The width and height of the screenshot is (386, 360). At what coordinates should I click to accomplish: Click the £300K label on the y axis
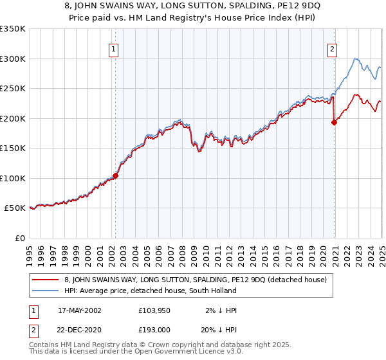click(x=13, y=59)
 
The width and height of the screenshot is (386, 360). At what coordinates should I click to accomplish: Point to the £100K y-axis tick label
click(x=13, y=178)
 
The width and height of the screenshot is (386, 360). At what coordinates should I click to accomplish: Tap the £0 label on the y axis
click(x=19, y=238)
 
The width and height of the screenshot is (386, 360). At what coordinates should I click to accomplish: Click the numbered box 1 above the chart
click(x=114, y=48)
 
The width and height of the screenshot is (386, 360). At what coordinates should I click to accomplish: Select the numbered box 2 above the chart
click(x=333, y=48)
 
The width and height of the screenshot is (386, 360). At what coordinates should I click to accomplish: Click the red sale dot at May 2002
click(x=116, y=175)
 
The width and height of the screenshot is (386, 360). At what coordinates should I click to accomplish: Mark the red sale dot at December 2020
click(x=335, y=123)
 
